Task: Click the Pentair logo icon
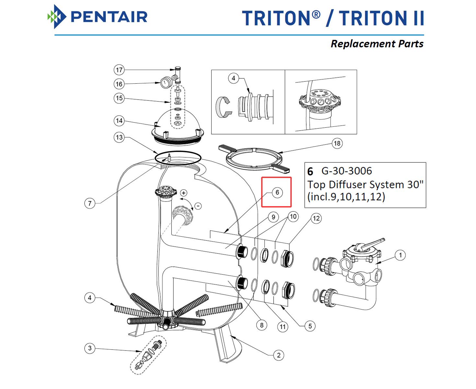[56, 17]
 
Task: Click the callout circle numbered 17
[119, 70]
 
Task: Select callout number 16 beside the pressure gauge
[119, 84]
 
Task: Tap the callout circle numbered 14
[119, 121]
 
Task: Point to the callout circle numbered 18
[337, 143]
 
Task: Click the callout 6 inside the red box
[277, 192]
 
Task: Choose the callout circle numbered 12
[316, 218]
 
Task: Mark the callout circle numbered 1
[400, 255]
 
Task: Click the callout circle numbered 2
[279, 355]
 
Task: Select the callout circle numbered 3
[90, 348]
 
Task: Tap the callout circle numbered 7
[90, 204]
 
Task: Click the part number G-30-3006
[347, 171]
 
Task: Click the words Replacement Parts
[377, 44]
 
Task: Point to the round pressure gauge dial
[165, 82]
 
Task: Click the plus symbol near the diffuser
[184, 193]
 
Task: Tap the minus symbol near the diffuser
[198, 206]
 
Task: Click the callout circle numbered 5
[310, 326]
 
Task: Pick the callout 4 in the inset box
[233, 78]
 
